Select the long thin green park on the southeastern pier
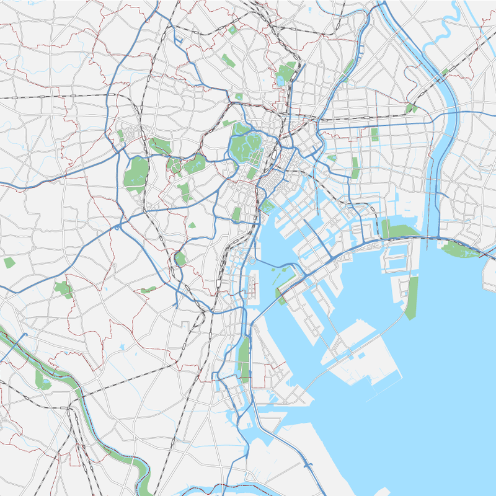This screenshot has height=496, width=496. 412,298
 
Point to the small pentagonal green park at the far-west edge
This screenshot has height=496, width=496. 9,262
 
